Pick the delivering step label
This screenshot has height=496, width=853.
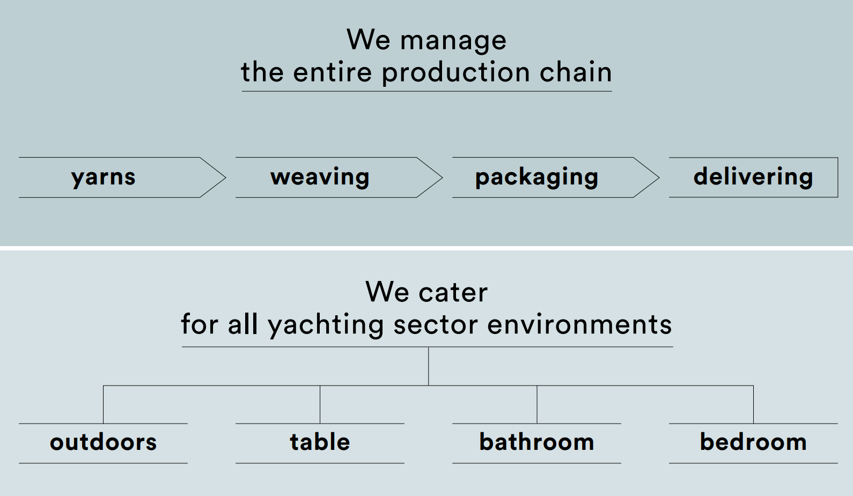point(753,177)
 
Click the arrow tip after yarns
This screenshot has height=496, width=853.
point(226,177)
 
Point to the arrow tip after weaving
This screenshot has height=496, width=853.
point(443,177)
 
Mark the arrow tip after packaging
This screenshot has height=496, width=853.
point(659,177)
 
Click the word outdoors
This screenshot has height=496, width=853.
point(103,442)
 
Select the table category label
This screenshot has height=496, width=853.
point(320,442)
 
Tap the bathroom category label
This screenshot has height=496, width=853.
point(536,442)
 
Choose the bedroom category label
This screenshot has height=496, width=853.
point(753,442)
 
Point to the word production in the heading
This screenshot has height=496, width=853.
point(456,72)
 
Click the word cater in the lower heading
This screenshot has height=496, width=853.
point(453,293)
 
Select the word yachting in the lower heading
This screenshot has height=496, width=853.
point(326,325)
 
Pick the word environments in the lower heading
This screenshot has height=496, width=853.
point(579,325)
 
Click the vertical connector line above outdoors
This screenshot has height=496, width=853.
point(103,404)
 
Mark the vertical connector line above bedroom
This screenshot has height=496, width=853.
point(753,404)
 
